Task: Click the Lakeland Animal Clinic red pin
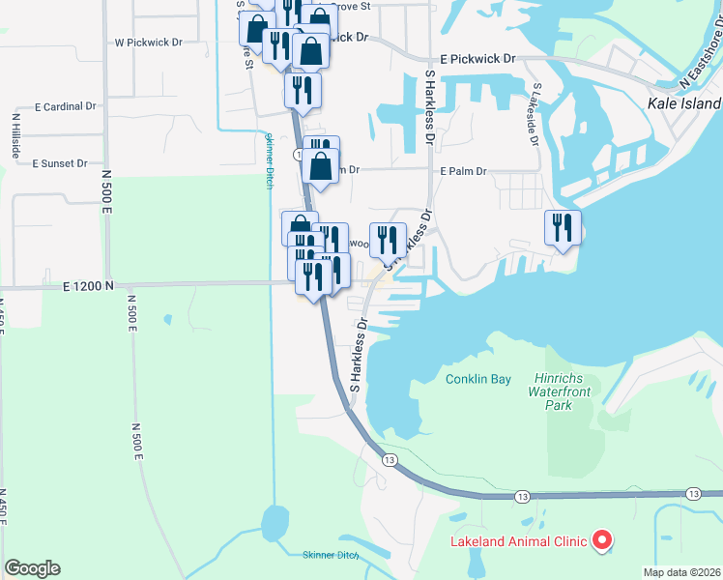(602, 539)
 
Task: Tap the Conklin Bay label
(478, 379)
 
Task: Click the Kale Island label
(684, 103)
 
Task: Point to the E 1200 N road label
(88, 286)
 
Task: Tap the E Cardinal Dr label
(65, 106)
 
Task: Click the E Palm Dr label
(463, 170)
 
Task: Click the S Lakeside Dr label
(535, 113)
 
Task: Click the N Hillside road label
(15, 135)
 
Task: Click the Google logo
(32, 568)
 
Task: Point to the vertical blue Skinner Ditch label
(270, 159)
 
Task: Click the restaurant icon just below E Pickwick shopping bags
(303, 90)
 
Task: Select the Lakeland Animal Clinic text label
(519, 540)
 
